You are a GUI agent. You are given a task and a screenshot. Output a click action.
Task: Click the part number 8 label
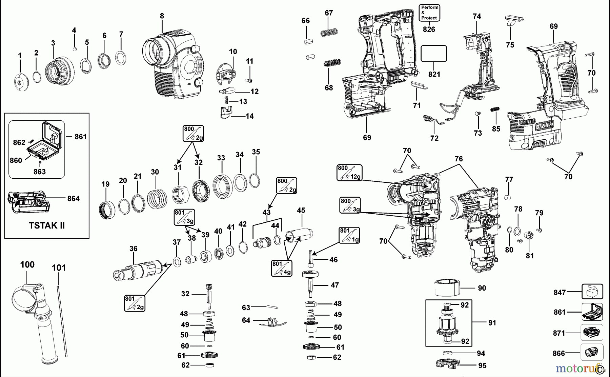pos(162,16)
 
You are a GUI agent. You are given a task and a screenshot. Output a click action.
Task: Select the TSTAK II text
pos(47,225)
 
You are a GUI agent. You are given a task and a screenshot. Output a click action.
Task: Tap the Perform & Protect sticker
pos(429,13)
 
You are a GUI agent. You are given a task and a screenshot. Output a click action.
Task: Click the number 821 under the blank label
pos(434,74)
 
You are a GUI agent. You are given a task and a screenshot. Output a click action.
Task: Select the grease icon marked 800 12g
pos(349,172)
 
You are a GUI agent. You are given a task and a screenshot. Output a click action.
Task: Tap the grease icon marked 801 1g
pos(349,235)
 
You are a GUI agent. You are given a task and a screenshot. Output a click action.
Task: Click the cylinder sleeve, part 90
pos(447,288)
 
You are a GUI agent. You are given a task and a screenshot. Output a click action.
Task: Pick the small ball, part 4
pos(75,49)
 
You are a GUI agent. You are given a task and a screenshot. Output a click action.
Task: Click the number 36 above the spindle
pos(134,249)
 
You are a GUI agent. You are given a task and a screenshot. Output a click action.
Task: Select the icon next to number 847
pos(592,292)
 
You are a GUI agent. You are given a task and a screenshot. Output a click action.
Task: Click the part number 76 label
pos(459,159)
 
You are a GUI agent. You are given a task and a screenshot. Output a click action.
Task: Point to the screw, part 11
pos(249,80)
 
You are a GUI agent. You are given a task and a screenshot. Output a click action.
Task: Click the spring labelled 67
pos(329,33)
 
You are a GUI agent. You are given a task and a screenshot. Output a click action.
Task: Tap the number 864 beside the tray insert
pos(73,198)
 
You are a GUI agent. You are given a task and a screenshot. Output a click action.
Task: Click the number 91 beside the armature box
pos(492,323)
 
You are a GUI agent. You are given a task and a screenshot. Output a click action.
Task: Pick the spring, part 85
pos(495,110)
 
